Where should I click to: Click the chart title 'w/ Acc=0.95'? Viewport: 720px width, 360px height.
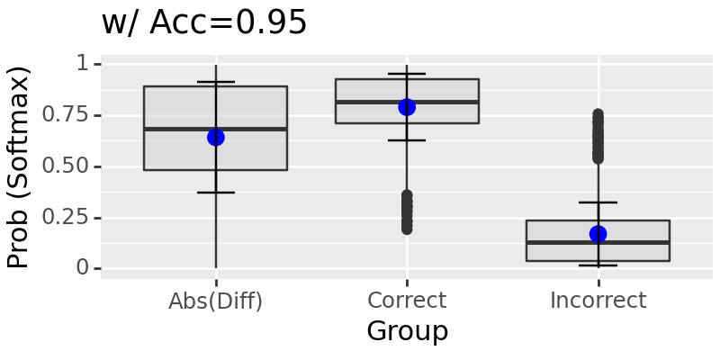(204, 23)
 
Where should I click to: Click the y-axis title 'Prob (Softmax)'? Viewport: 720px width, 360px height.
(19, 166)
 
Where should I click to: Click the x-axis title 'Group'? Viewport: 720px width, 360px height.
(407, 331)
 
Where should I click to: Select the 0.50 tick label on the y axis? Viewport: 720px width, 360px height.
(71, 166)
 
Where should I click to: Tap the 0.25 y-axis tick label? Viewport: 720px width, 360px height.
(71, 218)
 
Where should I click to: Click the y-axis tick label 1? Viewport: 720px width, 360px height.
(83, 64)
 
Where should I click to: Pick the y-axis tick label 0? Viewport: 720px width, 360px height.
(83, 268)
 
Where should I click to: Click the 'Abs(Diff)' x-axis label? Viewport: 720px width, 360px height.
(216, 301)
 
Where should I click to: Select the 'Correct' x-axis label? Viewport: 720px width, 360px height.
(407, 301)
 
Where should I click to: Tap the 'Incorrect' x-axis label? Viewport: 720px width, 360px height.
(598, 301)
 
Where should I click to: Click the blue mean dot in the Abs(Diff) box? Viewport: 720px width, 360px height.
(216, 137)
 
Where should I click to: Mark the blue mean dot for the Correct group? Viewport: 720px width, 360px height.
(407, 107)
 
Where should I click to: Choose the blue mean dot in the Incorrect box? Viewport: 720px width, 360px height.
(598, 234)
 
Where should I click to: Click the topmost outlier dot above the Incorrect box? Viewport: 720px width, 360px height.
(598, 115)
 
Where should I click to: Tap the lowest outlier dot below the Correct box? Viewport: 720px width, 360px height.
(407, 229)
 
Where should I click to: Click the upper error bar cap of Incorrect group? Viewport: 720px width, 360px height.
(598, 202)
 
